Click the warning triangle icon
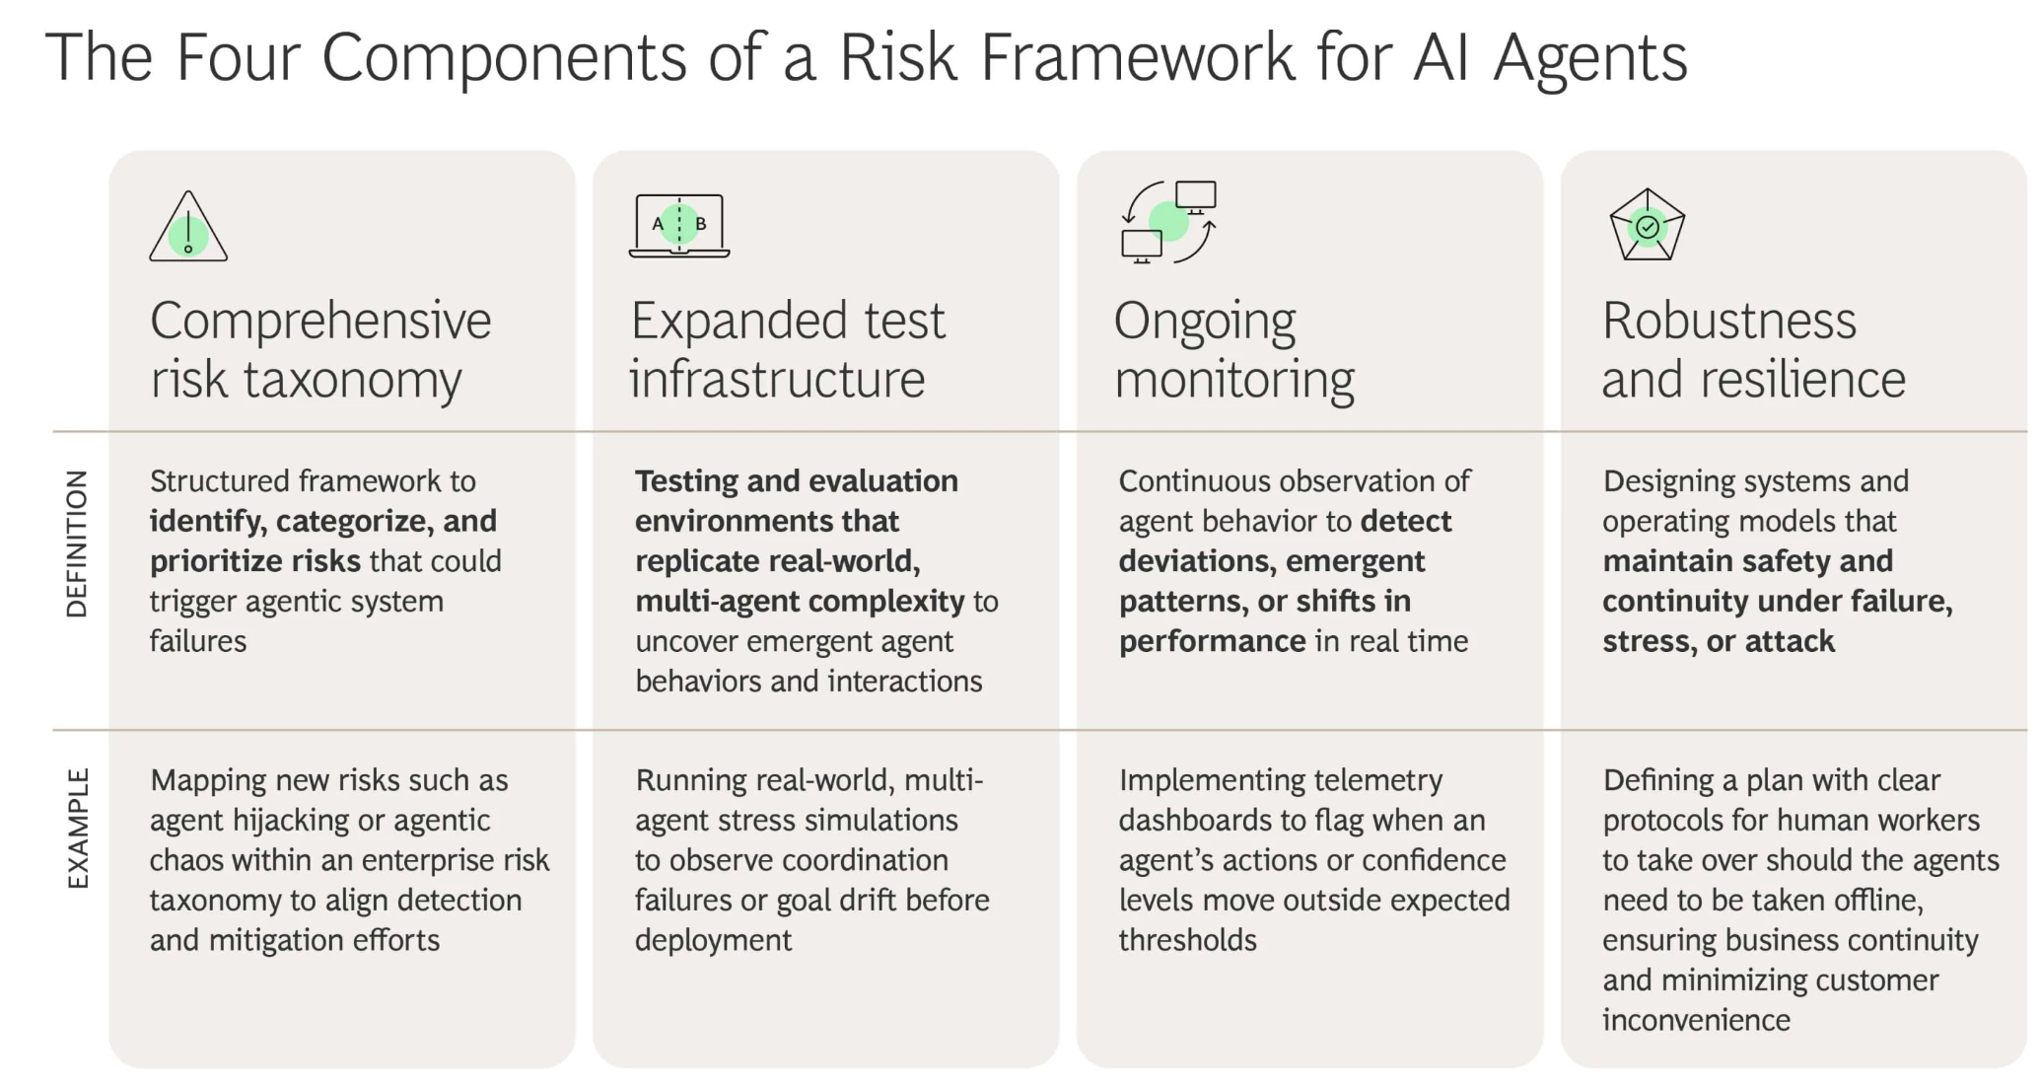pos(188,227)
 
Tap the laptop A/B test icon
pos(679,226)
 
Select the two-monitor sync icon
pos(1168,223)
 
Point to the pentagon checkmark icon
pos(1647,225)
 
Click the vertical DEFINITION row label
pos(77,544)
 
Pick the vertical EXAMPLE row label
pos(77,829)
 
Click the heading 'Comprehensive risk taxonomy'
pos(320,350)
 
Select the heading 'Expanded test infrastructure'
pos(788,350)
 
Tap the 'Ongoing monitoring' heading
pos(1234,350)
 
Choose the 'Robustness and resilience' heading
pos(1754,350)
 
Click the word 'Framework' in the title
pos(1137,56)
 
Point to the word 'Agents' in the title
pos(1590,59)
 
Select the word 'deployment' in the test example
pos(713,941)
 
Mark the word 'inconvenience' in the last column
pos(1696,1020)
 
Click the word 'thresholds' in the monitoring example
pos(1187,940)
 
